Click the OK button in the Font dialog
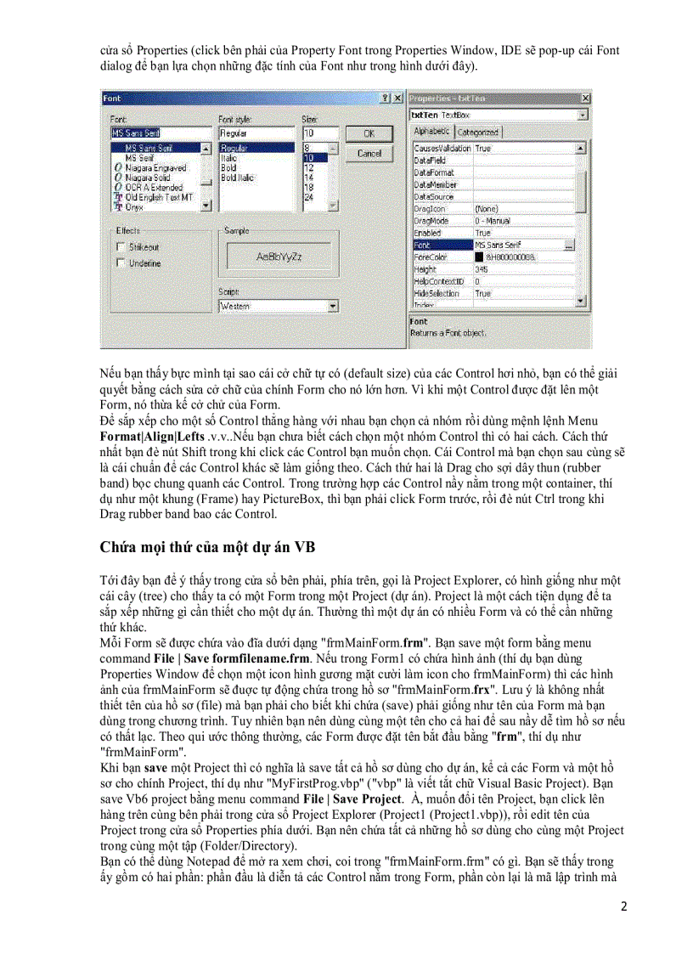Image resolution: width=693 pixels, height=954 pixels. pyautogui.click(x=369, y=133)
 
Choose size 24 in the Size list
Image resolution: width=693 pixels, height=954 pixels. pyautogui.click(x=309, y=196)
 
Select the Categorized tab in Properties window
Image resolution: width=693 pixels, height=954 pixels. pyautogui.click(x=478, y=133)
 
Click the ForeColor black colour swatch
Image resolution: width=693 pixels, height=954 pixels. pyautogui.click(x=480, y=257)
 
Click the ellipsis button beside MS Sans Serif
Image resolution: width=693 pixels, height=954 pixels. pyautogui.click(x=568, y=245)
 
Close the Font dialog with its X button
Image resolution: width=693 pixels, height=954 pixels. pyautogui.click(x=397, y=99)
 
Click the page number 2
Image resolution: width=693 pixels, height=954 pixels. pyautogui.click(x=623, y=906)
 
